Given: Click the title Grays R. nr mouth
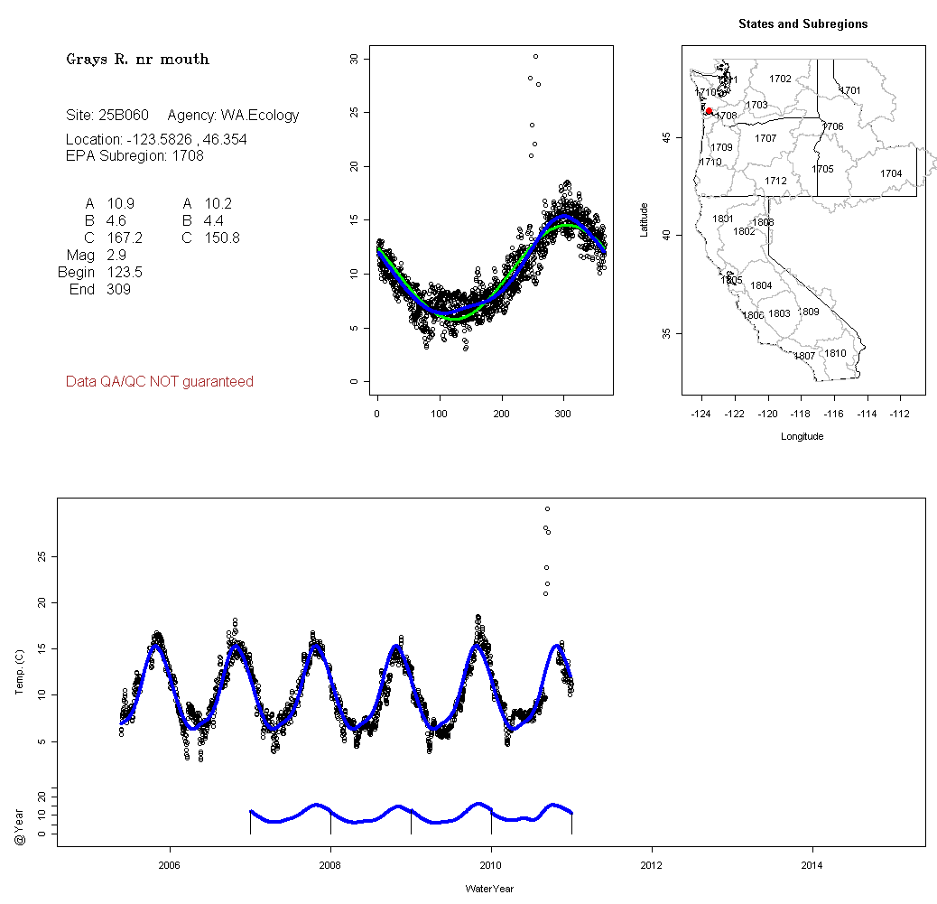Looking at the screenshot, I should [x=137, y=60].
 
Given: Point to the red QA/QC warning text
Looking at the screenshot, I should [x=160, y=382].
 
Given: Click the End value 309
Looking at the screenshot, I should [x=119, y=290].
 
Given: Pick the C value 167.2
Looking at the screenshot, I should [x=125, y=238].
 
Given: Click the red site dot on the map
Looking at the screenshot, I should [x=709, y=111].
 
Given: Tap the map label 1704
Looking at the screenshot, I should [x=891, y=173].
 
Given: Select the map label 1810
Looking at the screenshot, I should [x=836, y=353].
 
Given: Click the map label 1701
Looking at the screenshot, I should [x=850, y=90].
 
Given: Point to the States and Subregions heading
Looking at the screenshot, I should [x=802, y=24].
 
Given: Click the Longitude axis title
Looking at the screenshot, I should [x=802, y=436].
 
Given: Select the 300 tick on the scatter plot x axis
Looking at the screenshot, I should [x=563, y=414].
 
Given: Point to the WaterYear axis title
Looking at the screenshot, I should [x=490, y=889].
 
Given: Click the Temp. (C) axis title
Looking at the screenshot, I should [x=20, y=673].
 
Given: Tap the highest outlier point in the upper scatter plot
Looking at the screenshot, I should [x=535, y=56].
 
